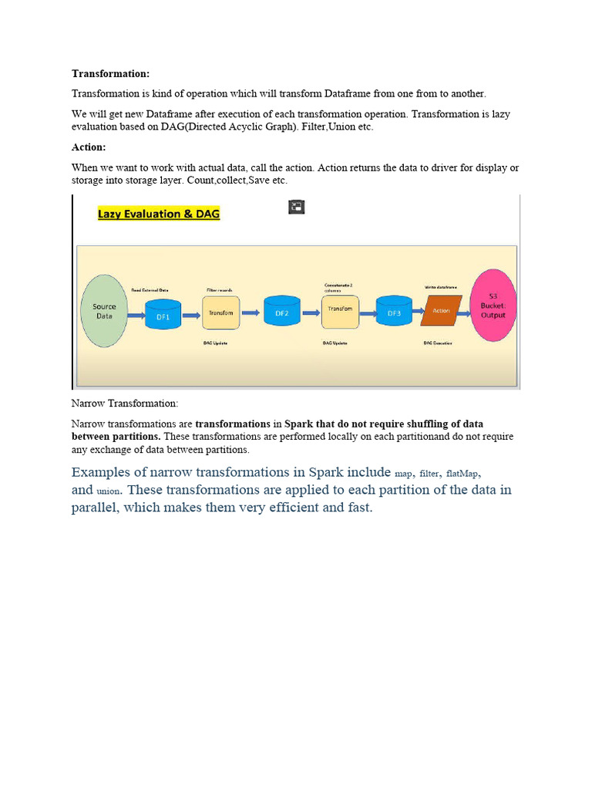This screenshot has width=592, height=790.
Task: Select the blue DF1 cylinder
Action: pyautogui.click(x=163, y=314)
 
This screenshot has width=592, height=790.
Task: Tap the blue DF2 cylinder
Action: pyautogui.click(x=281, y=313)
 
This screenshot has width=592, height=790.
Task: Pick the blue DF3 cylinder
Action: pyautogui.click(x=394, y=313)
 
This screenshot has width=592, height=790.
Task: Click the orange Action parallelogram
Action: pyautogui.click(x=441, y=312)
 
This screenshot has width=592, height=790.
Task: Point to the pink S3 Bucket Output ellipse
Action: pyautogui.click(x=493, y=306)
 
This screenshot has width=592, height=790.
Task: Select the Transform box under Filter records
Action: pyautogui.click(x=221, y=312)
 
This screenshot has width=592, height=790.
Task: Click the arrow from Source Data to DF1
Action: pyautogui.click(x=136, y=313)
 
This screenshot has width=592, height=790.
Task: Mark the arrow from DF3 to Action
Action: pyautogui.click(x=417, y=312)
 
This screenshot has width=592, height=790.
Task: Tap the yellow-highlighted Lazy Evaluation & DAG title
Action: pyautogui.click(x=159, y=214)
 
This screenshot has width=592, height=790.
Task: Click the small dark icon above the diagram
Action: pyautogui.click(x=297, y=207)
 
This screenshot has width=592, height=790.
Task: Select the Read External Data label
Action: pyautogui.click(x=150, y=290)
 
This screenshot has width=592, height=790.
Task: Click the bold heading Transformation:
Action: pyautogui.click(x=110, y=73)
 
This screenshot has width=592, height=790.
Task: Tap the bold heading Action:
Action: pyautogui.click(x=89, y=147)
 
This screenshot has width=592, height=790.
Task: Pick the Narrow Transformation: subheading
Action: pyautogui.click(x=124, y=403)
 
